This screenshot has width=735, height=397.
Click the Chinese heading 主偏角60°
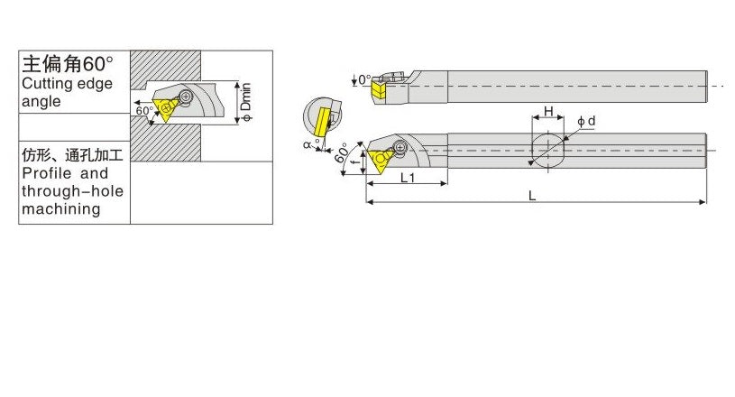(68, 64)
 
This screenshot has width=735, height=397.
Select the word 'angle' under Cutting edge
(41, 102)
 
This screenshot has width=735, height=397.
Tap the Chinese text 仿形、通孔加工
(72, 155)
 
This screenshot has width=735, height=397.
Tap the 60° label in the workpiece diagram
(144, 110)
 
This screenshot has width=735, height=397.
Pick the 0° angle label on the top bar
(363, 80)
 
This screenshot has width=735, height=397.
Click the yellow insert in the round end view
(321, 119)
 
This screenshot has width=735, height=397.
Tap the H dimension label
(547, 112)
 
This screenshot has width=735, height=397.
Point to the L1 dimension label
(407, 177)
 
